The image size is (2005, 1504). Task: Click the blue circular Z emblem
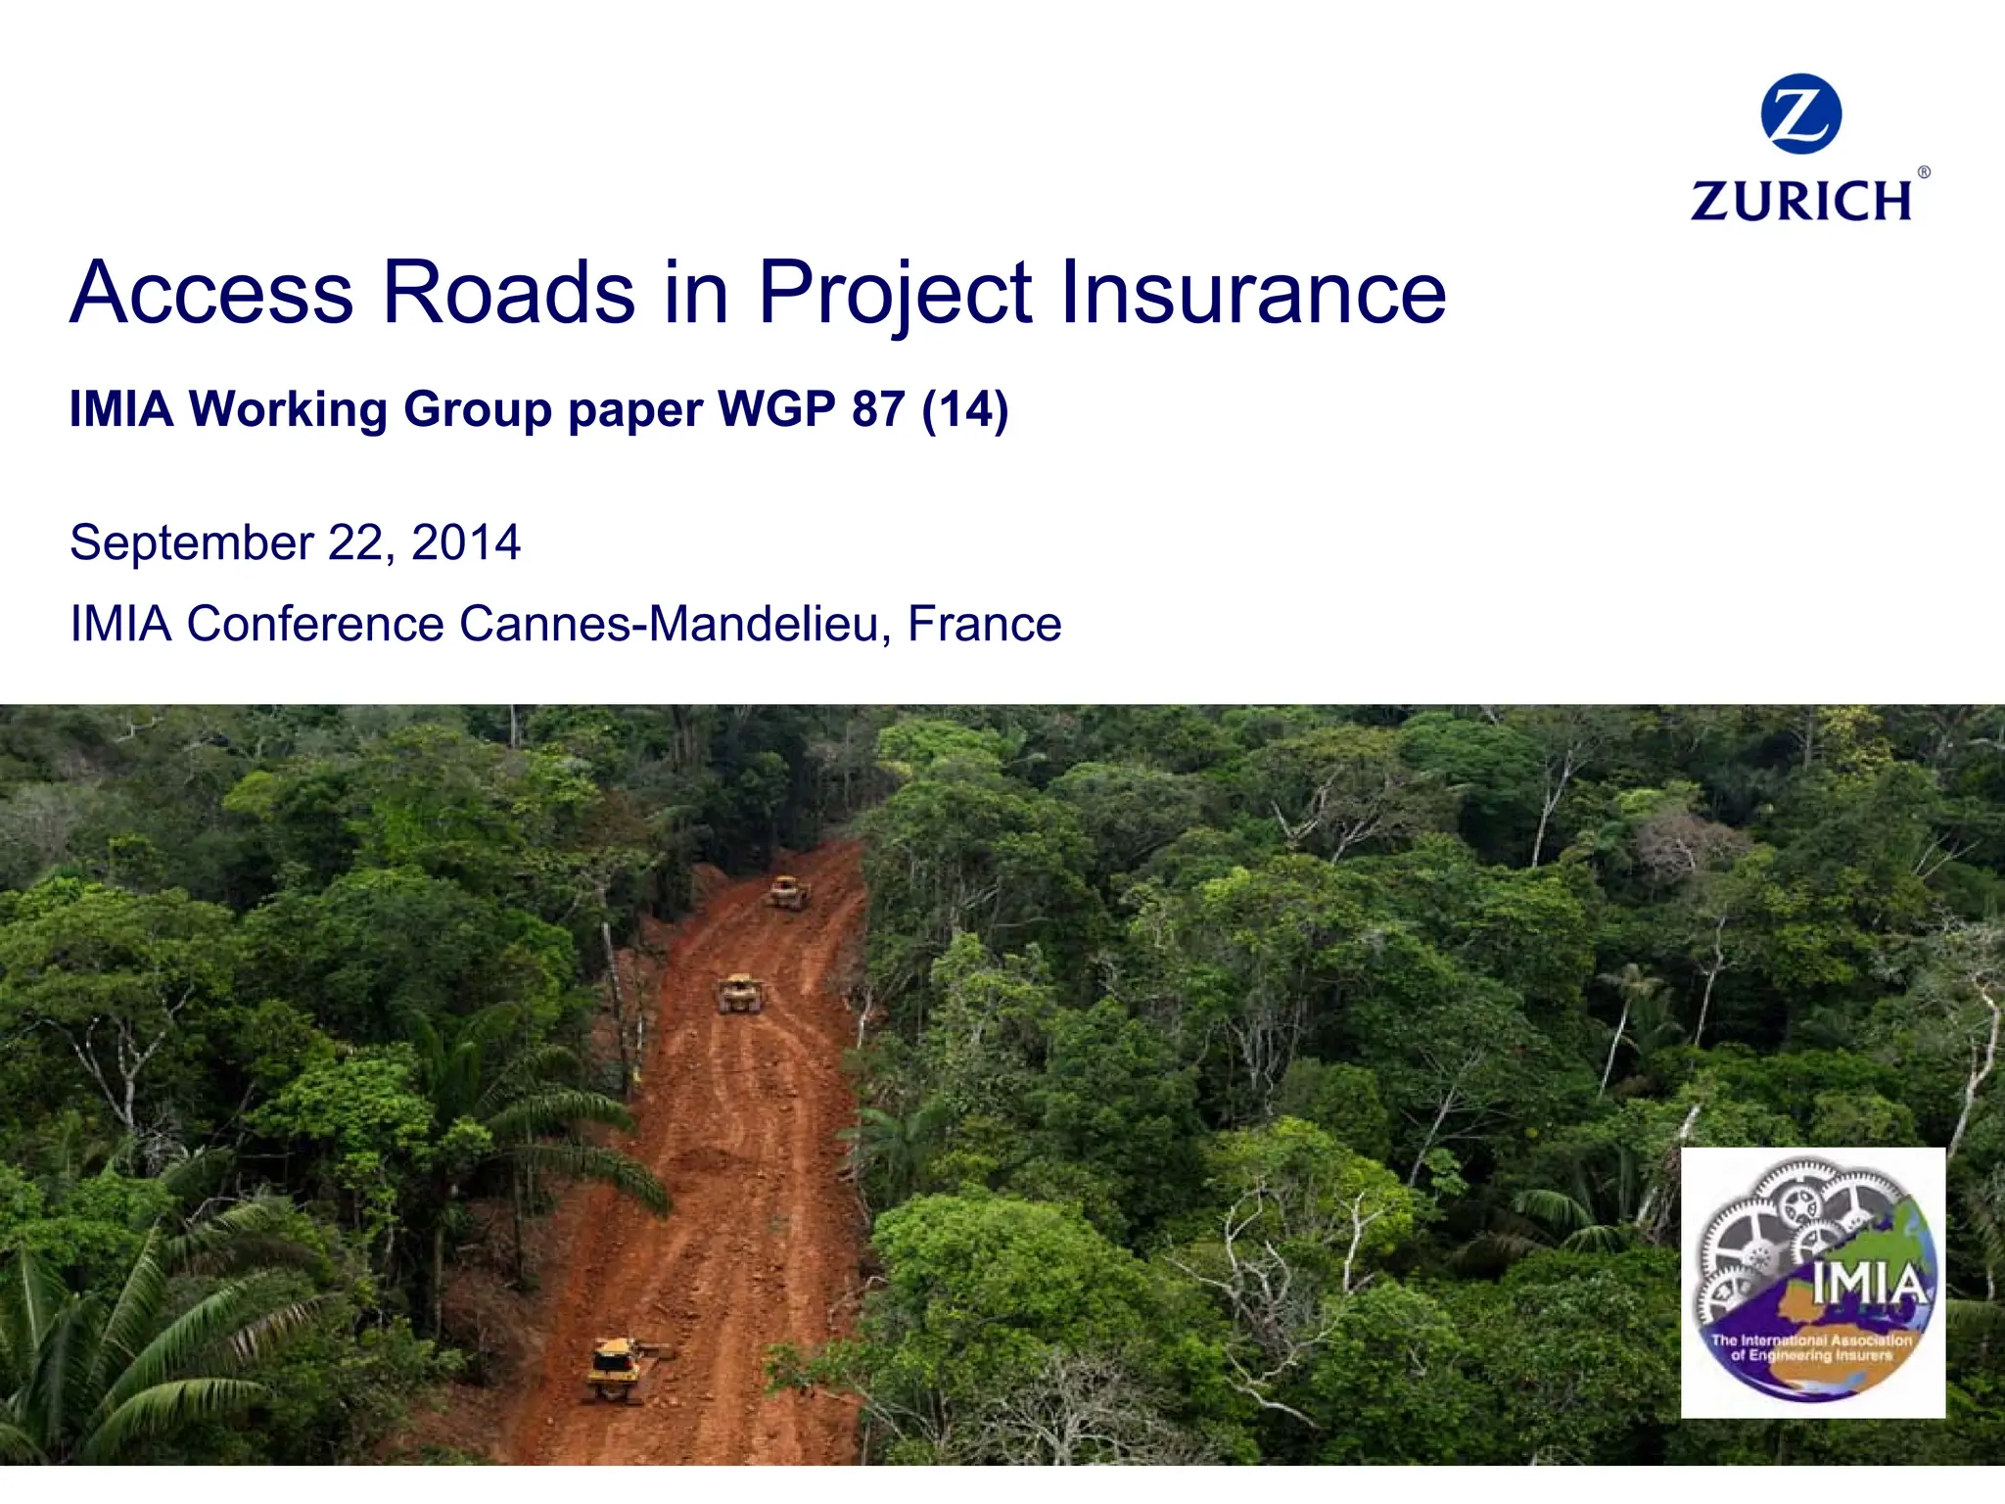coord(1800,114)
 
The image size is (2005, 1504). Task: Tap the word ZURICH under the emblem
coord(1801,201)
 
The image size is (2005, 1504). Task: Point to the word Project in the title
coord(895,294)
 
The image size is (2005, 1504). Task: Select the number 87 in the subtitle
coord(878,408)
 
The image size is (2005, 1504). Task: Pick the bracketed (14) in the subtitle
coord(964,410)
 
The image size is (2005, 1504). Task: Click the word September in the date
coord(192,543)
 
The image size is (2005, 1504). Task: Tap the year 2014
coord(466,542)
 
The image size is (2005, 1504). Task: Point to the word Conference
coord(315,624)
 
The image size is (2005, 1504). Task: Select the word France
coord(984,624)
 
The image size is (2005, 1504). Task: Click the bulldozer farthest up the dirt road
coord(788,893)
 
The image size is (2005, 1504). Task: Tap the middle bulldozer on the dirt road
coord(740,993)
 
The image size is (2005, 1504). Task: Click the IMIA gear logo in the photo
coord(1813,1282)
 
